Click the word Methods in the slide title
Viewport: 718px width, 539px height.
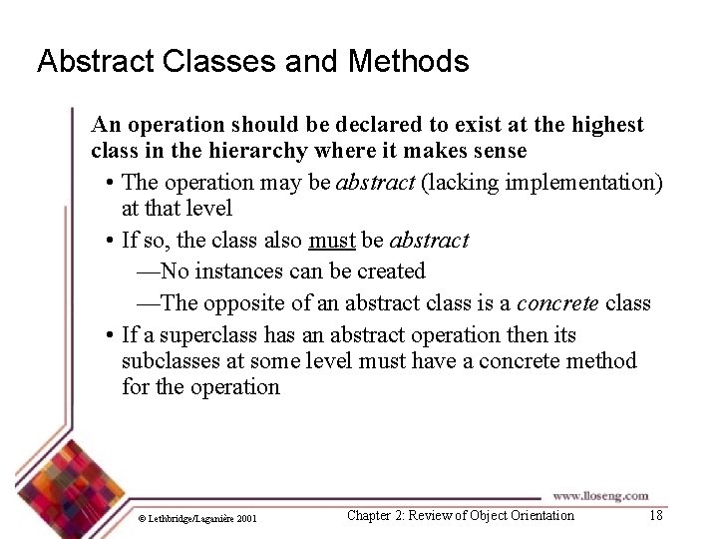(408, 62)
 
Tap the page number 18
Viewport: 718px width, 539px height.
(655, 515)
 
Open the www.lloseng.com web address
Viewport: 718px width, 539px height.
(599, 495)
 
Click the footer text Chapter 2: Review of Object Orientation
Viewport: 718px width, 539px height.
(460, 515)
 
